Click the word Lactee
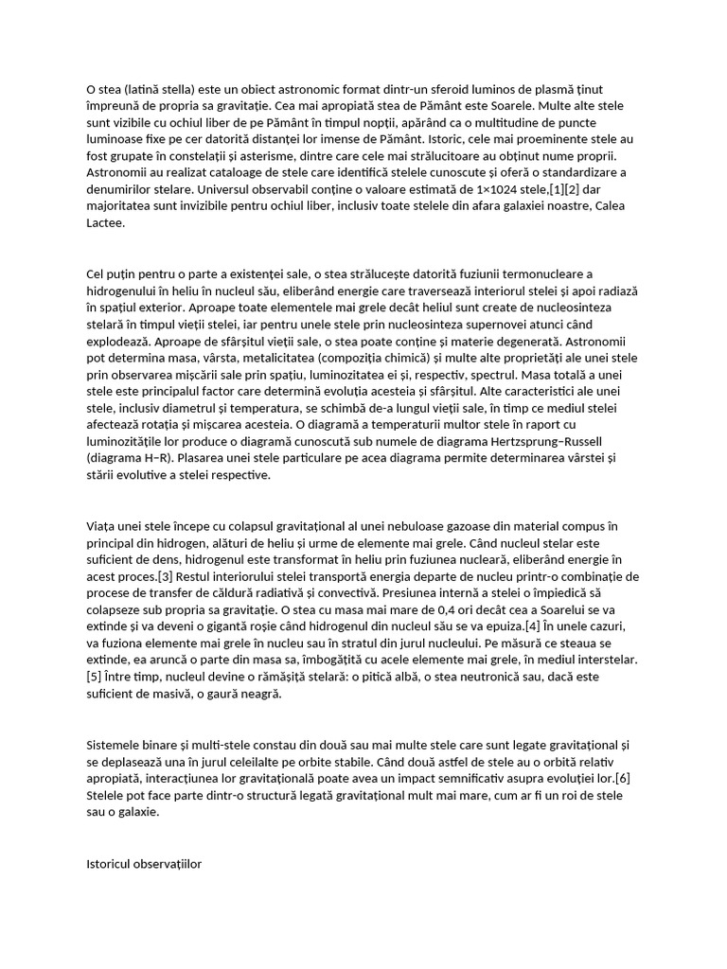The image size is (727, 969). coord(105,223)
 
